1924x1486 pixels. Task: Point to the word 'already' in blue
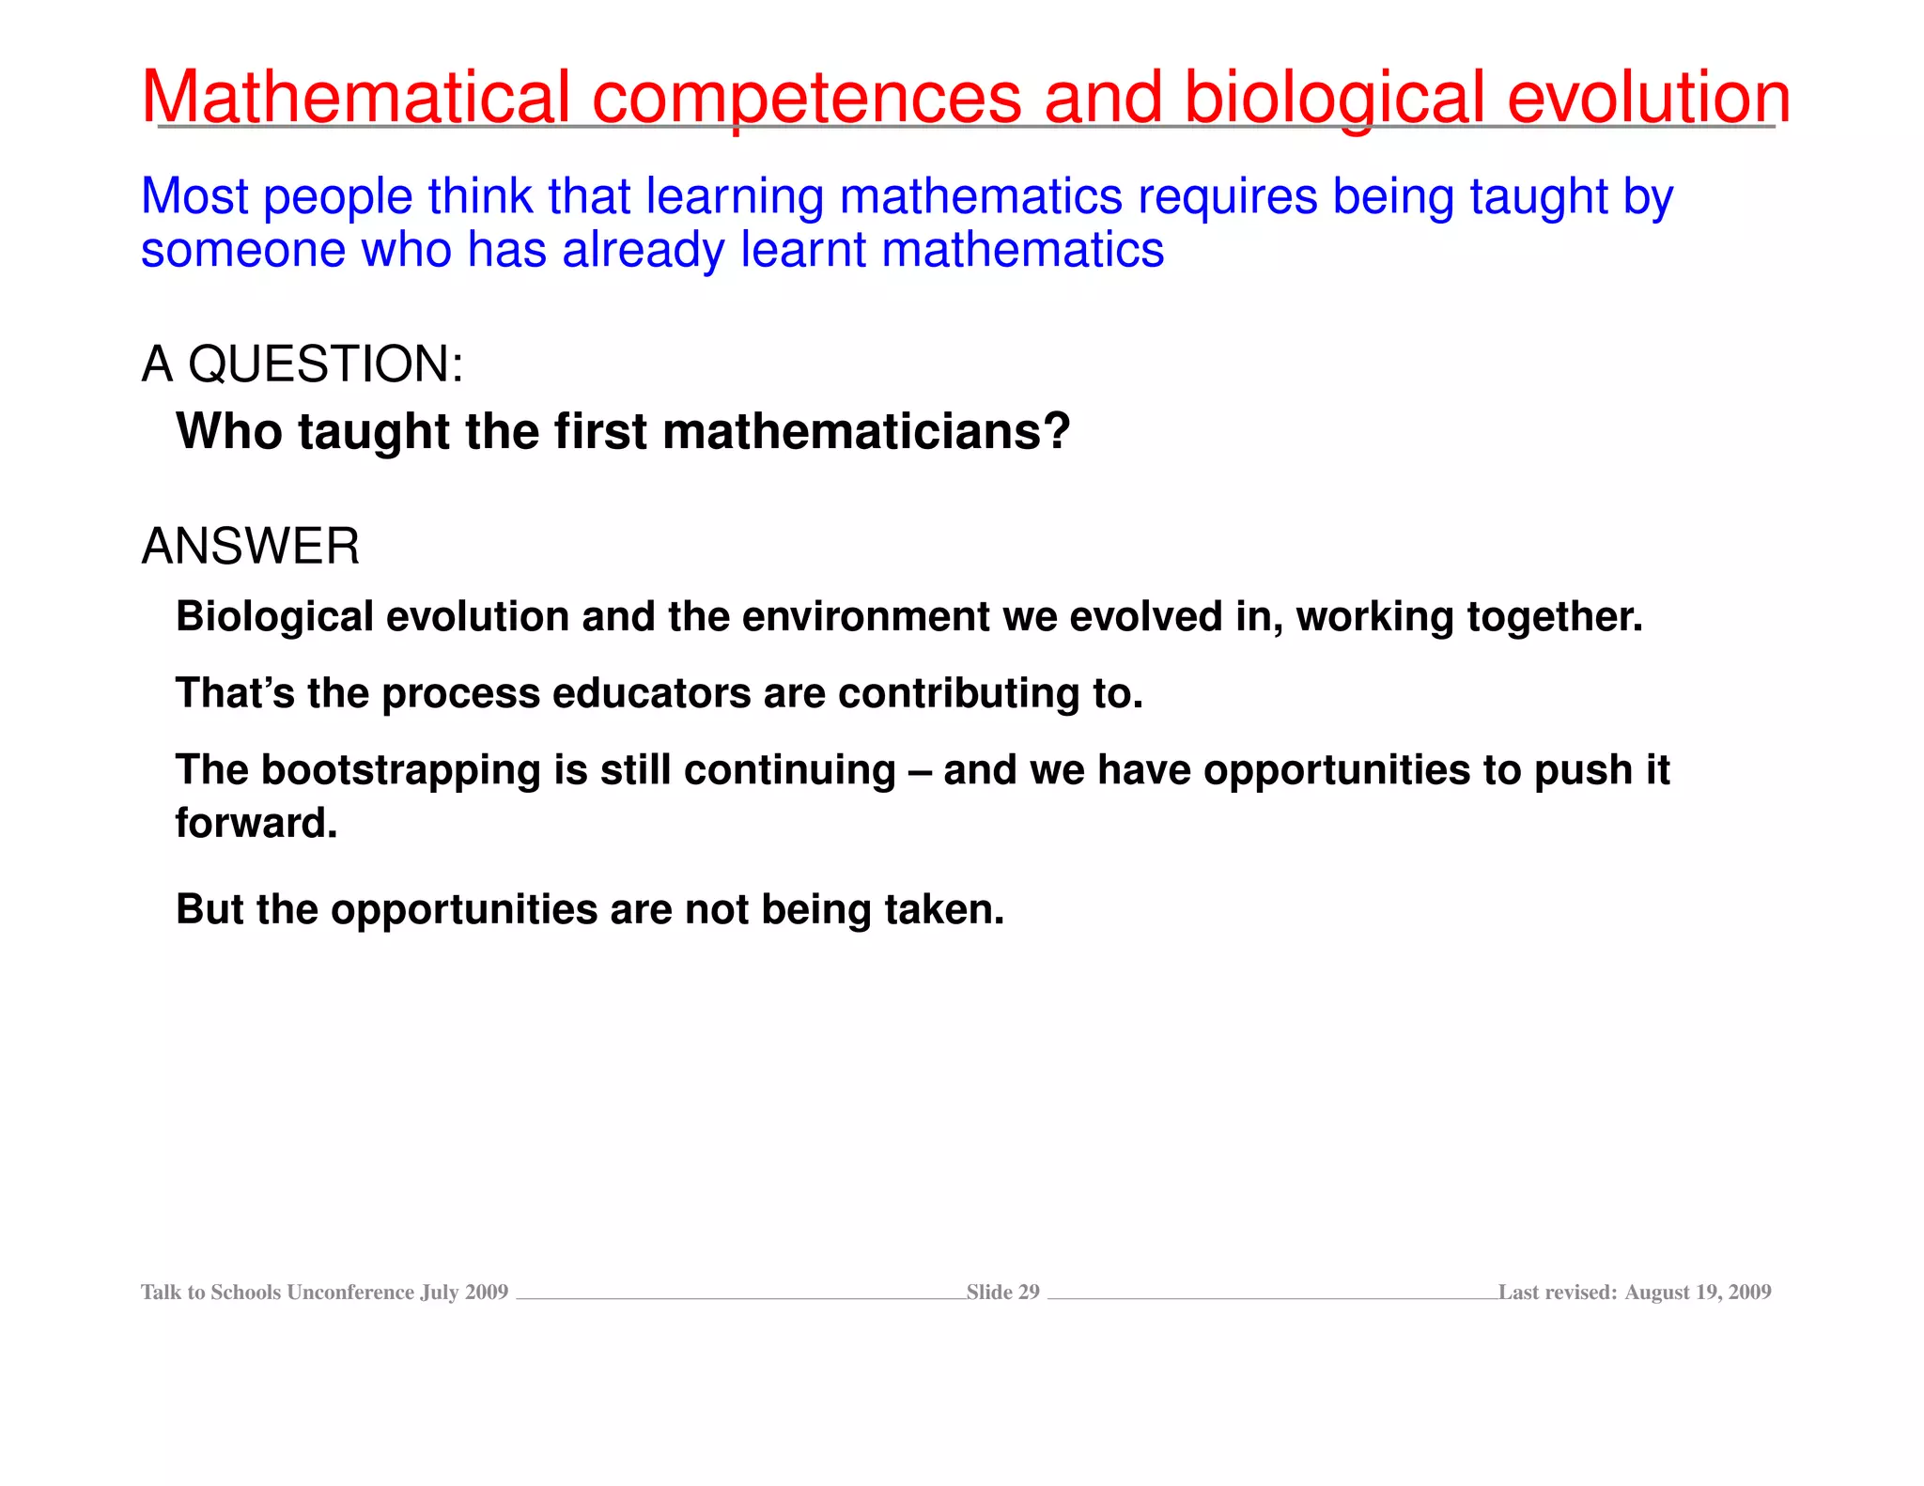coord(644,252)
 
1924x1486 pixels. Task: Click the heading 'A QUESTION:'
coord(303,364)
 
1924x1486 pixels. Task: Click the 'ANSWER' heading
coord(251,547)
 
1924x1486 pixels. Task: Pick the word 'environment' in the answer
coord(865,617)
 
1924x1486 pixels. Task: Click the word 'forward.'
coord(256,823)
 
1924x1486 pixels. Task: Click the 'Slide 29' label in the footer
coord(1002,1293)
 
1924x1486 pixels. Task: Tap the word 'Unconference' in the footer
coord(350,1293)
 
